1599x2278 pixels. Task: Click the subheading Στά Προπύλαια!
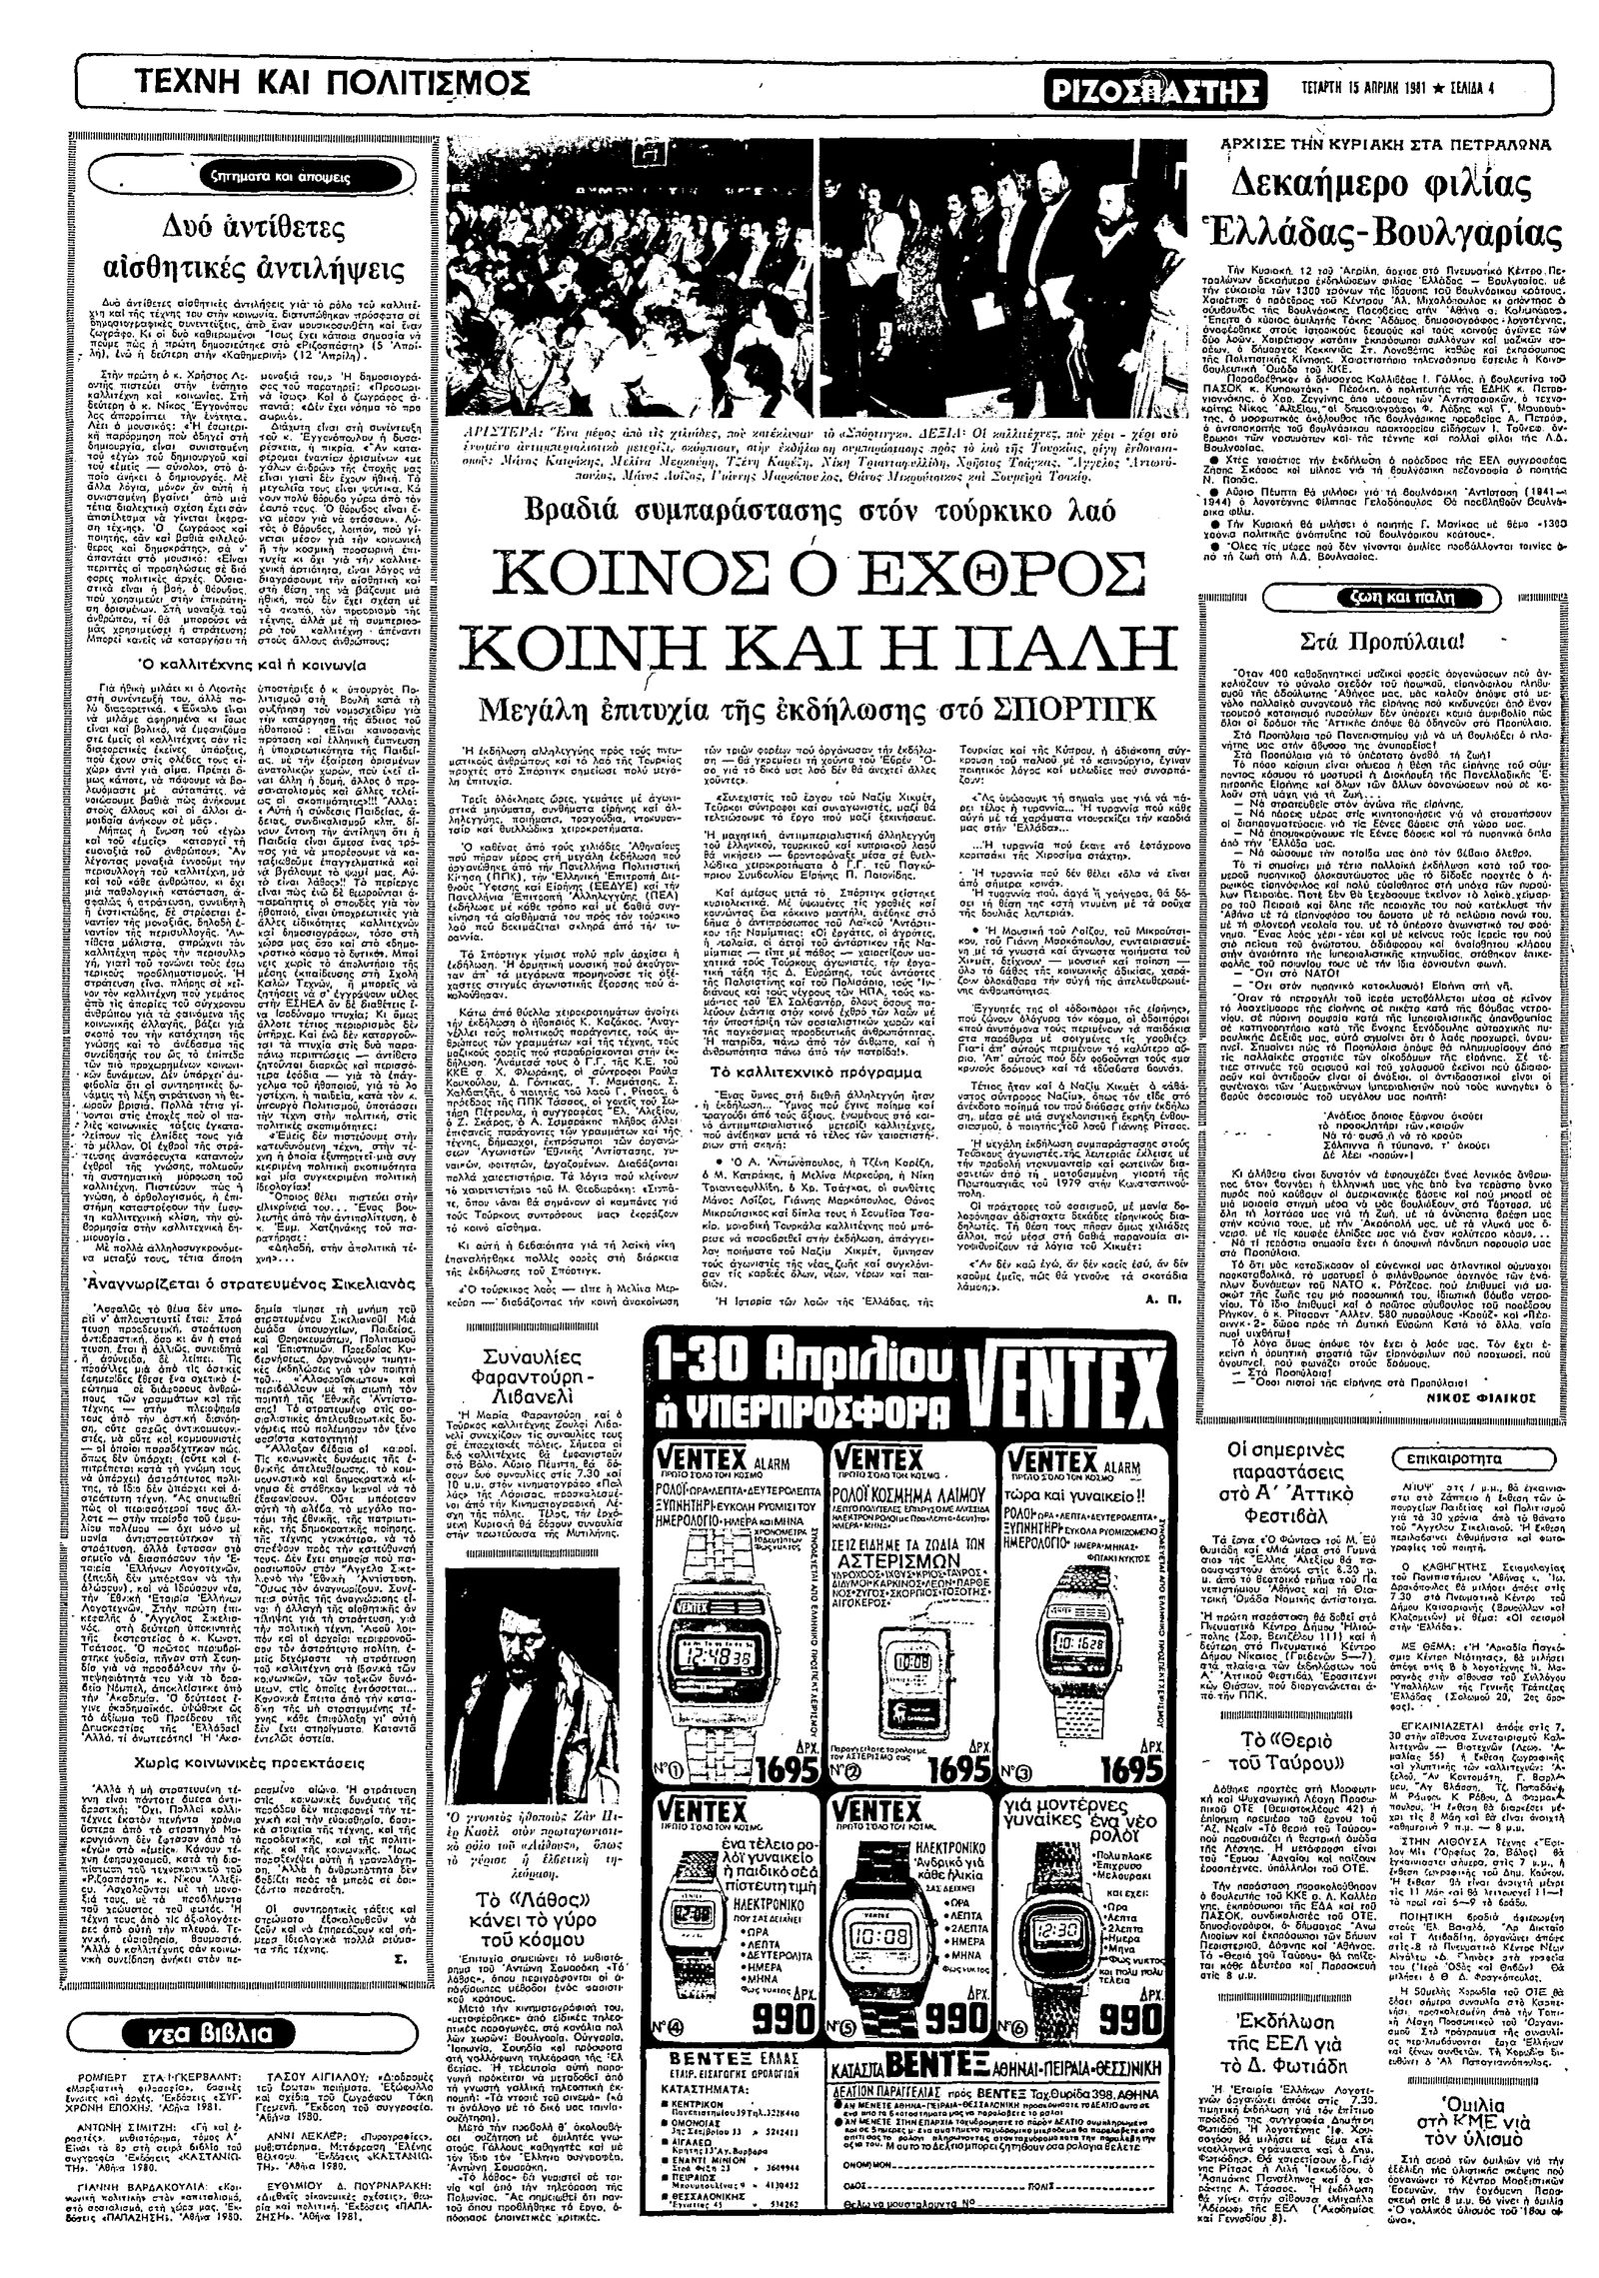coord(1384,641)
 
